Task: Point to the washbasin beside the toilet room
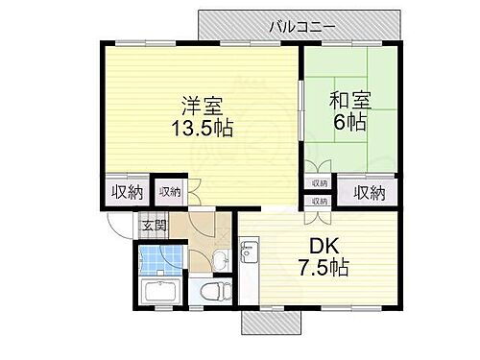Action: [x=220, y=256]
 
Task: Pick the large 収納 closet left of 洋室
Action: [x=122, y=192]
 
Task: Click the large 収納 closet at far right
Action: [x=372, y=192]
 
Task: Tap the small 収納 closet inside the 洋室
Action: [x=170, y=192]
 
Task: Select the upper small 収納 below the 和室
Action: [x=318, y=182]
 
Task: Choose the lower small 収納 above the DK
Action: [x=318, y=201]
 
